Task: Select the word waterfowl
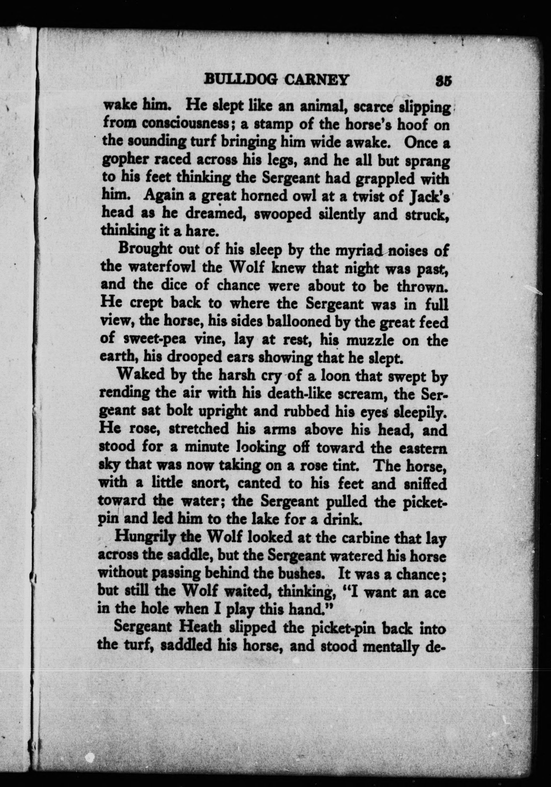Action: click(x=162, y=267)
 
